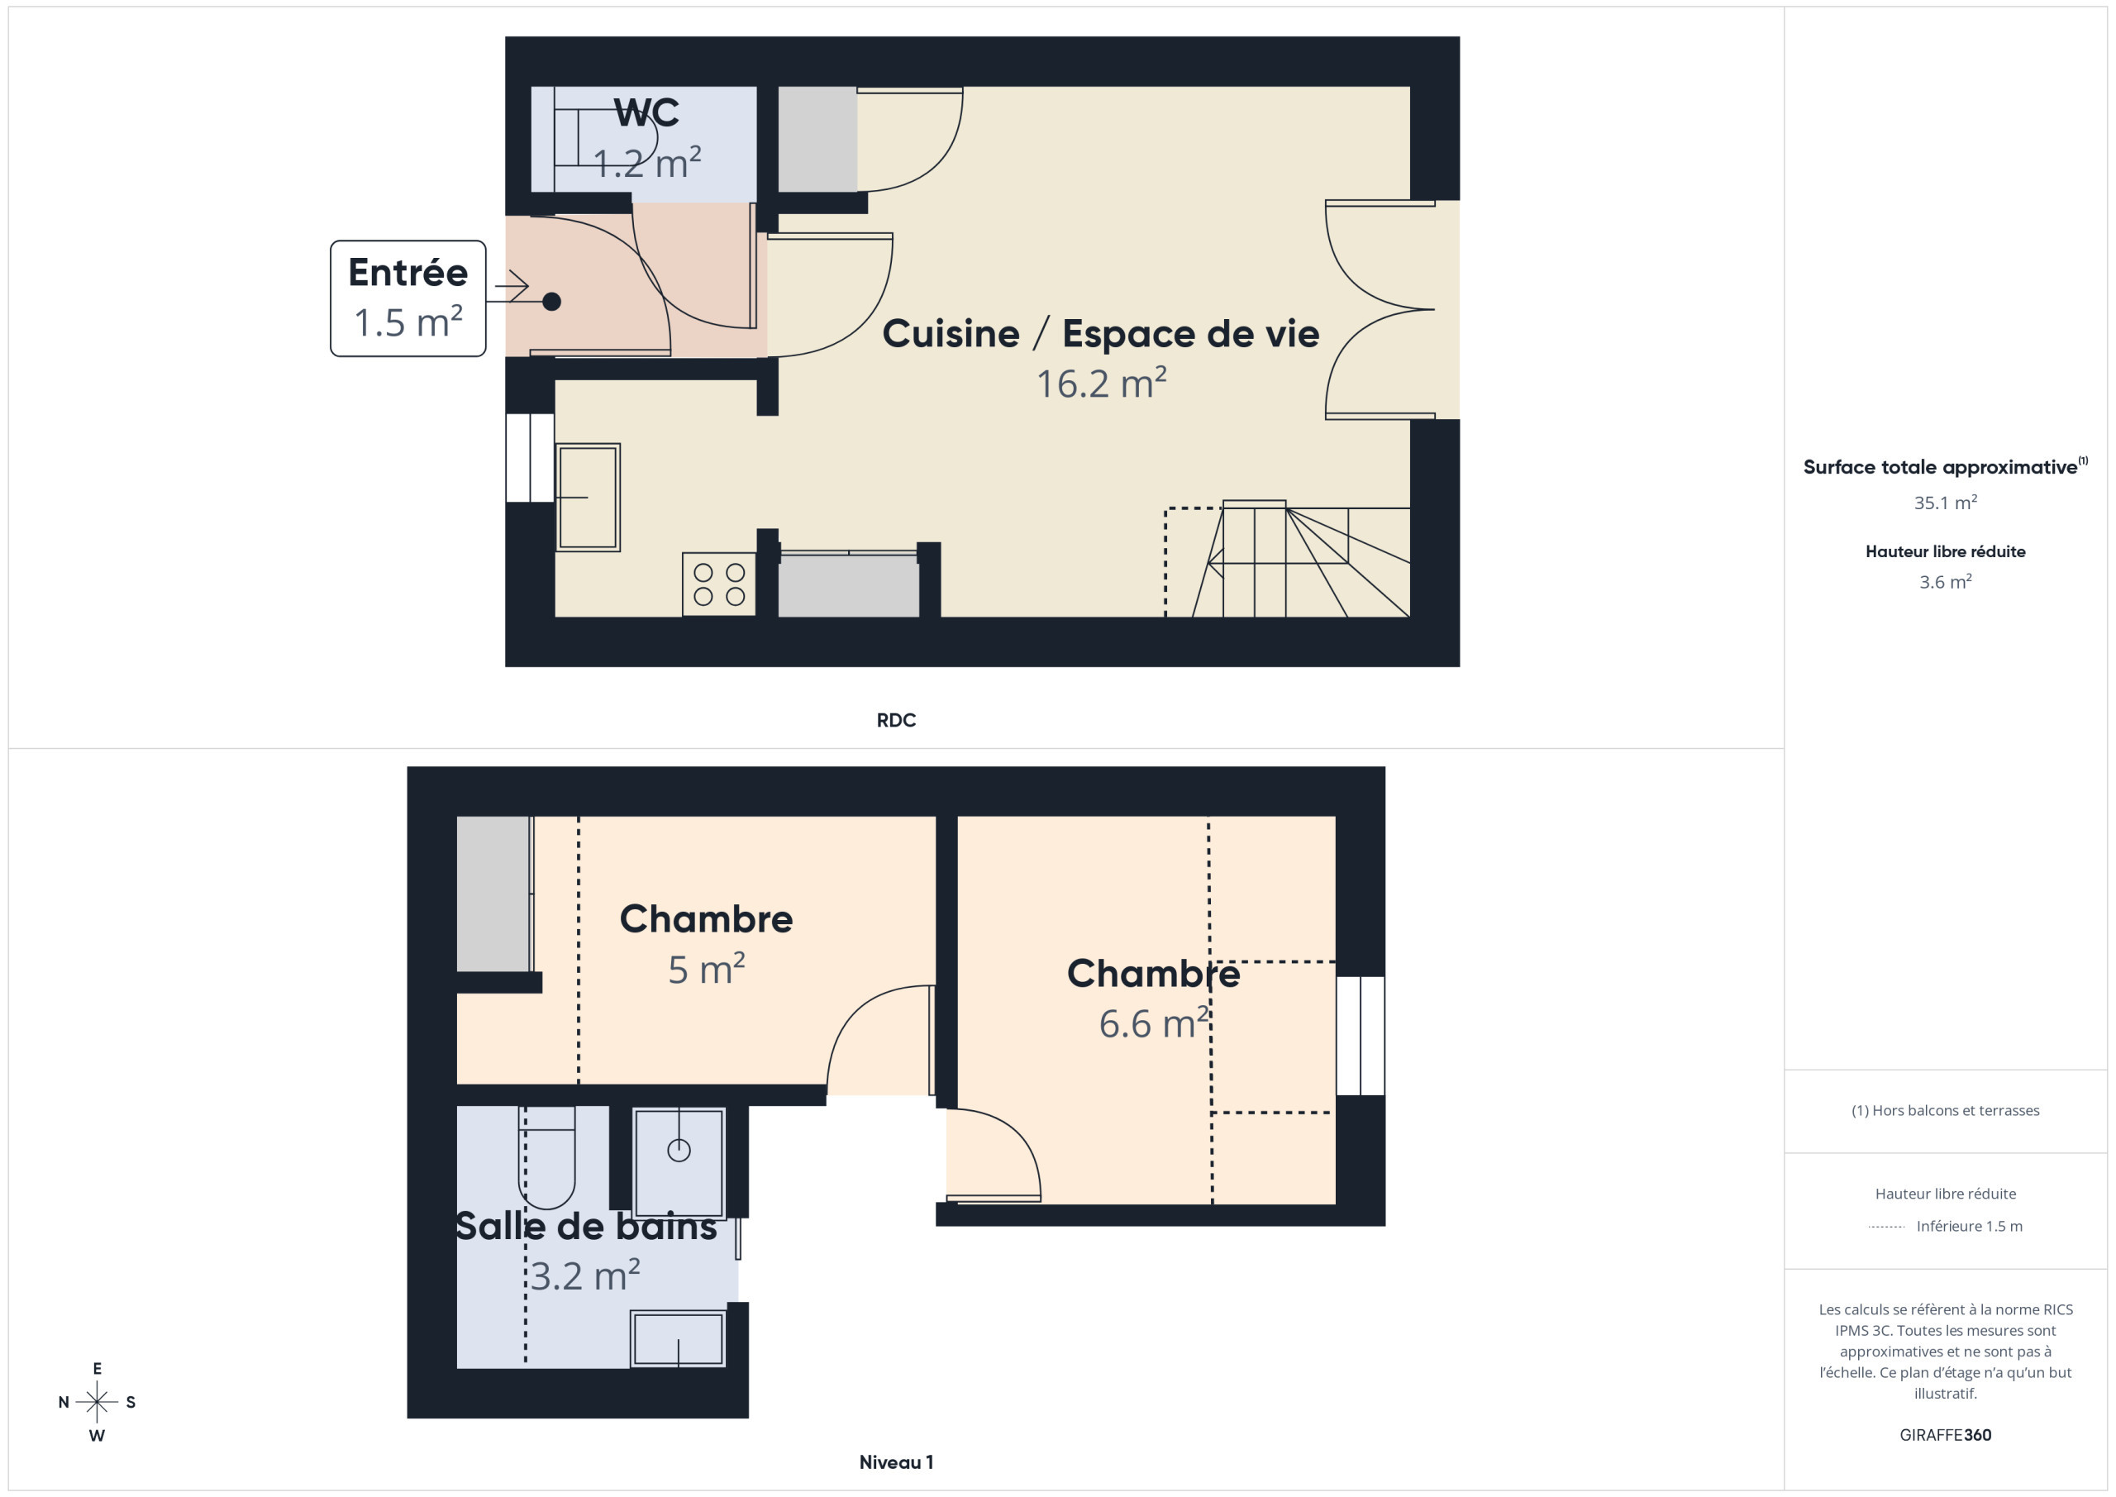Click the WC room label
click(647, 112)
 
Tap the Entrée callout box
click(407, 298)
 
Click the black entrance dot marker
click(551, 302)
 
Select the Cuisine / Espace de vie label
click(1100, 334)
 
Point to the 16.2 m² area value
click(1101, 384)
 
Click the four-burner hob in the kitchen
click(719, 584)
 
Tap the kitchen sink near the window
click(588, 498)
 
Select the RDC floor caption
click(896, 720)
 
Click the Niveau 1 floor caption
click(896, 1462)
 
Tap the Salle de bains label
click(586, 1226)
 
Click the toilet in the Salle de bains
click(546, 1158)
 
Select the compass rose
click(97, 1402)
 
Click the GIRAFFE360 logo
click(1946, 1435)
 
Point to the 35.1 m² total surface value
click(1946, 503)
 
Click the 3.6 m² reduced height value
click(1946, 582)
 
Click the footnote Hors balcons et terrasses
click(1946, 1111)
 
